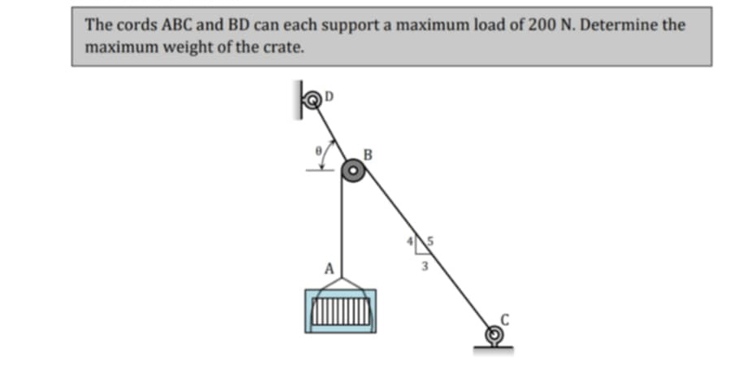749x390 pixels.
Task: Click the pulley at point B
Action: coord(352,171)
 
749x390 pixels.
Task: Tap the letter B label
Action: coord(368,153)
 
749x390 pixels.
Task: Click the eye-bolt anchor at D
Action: coord(312,99)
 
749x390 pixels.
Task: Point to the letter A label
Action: coord(329,267)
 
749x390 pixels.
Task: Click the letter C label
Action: coord(504,319)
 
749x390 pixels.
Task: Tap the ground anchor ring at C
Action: coord(493,334)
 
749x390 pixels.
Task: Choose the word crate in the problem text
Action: coord(285,47)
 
